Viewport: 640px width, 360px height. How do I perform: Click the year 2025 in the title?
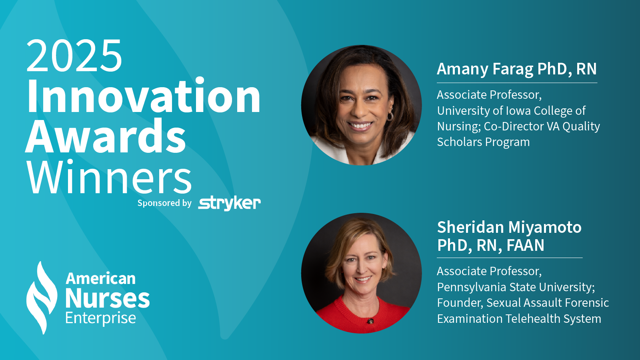coord(74,56)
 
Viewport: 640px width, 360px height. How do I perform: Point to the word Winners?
coord(109,177)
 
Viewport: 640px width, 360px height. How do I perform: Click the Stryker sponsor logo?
coord(230,203)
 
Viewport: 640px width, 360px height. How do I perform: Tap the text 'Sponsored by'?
coord(164,203)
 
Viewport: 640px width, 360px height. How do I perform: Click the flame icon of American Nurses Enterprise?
coord(41,298)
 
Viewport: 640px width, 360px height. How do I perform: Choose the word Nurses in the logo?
coord(108,298)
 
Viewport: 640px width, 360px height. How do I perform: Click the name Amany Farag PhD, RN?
coord(517,69)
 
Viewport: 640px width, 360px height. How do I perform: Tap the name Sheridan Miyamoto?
coord(509,227)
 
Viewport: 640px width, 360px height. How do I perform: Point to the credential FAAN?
coord(526,245)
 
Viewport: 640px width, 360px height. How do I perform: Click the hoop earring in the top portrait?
coord(390,116)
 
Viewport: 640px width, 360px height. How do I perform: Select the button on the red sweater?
coord(370,322)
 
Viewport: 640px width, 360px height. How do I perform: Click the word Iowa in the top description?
coord(518,110)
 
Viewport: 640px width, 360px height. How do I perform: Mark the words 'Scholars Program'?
coord(484,142)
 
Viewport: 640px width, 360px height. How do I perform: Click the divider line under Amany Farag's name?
coord(517,83)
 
